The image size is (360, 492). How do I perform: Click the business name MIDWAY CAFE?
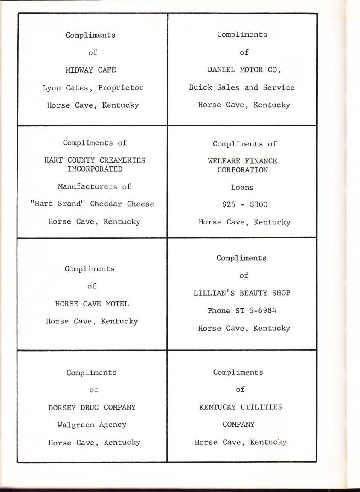[x=90, y=70]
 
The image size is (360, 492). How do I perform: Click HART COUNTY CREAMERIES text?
[x=95, y=160]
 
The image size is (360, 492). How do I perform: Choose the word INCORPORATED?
[x=95, y=169]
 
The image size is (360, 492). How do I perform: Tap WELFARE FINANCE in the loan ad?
[x=242, y=161]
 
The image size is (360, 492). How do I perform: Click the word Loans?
[x=242, y=187]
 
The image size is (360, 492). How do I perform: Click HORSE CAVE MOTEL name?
[x=92, y=304]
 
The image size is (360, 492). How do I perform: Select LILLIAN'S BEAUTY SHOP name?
[x=242, y=293]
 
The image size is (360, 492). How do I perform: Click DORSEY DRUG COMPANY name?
[x=92, y=407]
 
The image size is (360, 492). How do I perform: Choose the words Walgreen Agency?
[x=92, y=425]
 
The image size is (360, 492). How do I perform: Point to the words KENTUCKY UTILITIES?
[x=241, y=407]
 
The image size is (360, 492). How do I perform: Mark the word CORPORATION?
[x=242, y=169]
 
